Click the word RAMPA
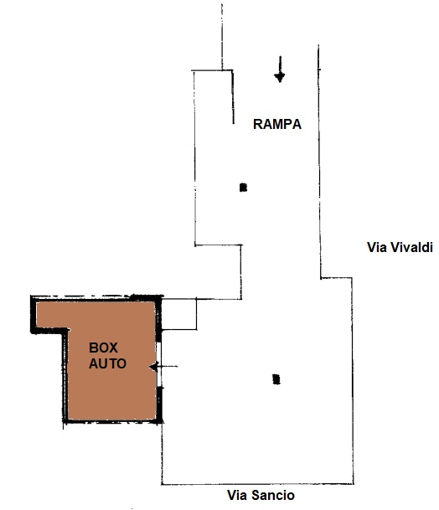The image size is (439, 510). click(x=277, y=124)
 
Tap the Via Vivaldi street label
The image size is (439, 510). click(x=400, y=247)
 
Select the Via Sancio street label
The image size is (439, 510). click(x=261, y=496)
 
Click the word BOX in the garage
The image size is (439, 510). click(x=104, y=348)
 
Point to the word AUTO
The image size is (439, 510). click(x=108, y=363)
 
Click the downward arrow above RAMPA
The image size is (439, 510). click(x=280, y=69)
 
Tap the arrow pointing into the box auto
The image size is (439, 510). click(x=163, y=367)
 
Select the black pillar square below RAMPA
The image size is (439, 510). click(x=243, y=188)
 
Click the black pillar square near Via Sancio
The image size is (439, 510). click(x=276, y=379)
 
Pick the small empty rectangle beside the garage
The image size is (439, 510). click(x=179, y=314)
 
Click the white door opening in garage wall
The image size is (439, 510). click(x=159, y=364)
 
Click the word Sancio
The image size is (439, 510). click(x=273, y=496)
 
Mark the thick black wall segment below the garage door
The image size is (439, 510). click(x=159, y=404)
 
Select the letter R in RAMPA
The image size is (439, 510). click(x=257, y=124)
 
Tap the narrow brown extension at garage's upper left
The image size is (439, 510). click(x=52, y=315)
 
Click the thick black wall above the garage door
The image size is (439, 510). click(x=159, y=321)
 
